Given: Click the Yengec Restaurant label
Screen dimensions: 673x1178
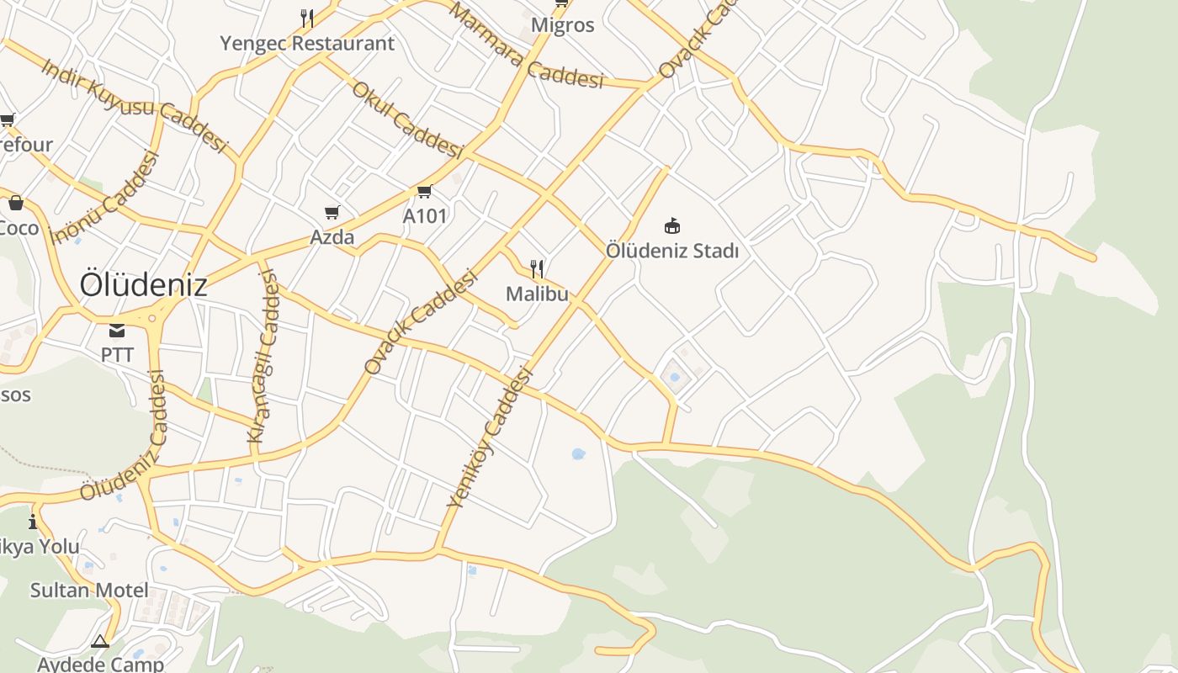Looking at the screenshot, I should pos(307,44).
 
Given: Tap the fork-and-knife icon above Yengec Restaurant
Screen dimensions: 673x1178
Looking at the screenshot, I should pos(307,18).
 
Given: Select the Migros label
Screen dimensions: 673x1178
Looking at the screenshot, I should pos(563,25).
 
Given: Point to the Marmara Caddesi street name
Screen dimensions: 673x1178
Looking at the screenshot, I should pos(527,45).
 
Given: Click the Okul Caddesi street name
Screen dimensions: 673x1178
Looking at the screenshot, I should pos(407,119).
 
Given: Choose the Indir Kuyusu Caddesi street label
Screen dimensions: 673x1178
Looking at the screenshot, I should pos(134,106).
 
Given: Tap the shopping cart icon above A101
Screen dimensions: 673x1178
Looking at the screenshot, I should pos(425,192).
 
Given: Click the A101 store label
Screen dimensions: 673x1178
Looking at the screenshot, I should pos(425,216).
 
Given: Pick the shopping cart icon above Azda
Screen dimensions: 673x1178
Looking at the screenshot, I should pos(332,212).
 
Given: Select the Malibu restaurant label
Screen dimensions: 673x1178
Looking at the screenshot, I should pos(537,294).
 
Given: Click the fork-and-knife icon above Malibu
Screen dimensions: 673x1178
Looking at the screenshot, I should pos(537,269).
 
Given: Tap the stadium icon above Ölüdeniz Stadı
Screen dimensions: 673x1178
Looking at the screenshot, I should pos(672,225).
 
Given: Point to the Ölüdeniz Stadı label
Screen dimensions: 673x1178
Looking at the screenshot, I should pos(672,251).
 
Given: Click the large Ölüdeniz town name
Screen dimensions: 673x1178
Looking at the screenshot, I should pos(143,285).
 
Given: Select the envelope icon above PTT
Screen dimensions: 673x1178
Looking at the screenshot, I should pos(117,330).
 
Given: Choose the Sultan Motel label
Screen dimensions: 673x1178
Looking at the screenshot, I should pos(89,590).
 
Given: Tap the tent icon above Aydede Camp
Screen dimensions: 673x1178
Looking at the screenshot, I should pos(100,642).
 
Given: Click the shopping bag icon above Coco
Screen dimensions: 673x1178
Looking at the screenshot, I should pos(15,203).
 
